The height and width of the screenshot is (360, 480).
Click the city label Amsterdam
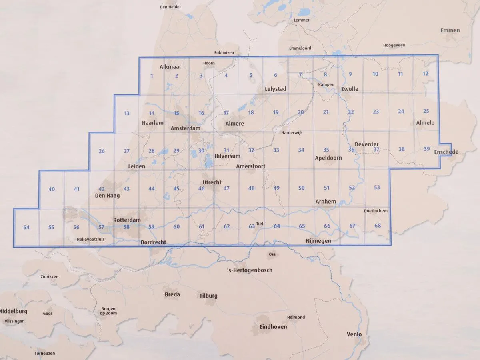pos(185,128)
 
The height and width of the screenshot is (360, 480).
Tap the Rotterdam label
pos(127,220)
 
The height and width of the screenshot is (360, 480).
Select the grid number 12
pos(425,74)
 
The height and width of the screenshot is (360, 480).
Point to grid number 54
pos(26,228)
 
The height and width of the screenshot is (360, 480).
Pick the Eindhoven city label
pos(273,327)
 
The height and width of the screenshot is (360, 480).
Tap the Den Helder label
pos(170,7)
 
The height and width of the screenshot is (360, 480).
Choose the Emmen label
pos(450,30)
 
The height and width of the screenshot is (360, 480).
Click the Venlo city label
pos(354,334)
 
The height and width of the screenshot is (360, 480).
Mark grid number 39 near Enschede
pos(426,149)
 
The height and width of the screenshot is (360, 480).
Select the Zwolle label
pos(350,89)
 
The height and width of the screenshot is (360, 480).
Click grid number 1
pos(152,76)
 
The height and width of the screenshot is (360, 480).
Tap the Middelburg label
pos(13,311)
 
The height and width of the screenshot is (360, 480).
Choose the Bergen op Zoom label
pos(108,311)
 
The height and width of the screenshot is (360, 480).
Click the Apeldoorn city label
pos(328,158)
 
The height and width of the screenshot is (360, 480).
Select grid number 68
pos(378,226)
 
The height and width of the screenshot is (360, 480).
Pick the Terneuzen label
pos(45,354)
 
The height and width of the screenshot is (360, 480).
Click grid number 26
pos(102,151)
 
